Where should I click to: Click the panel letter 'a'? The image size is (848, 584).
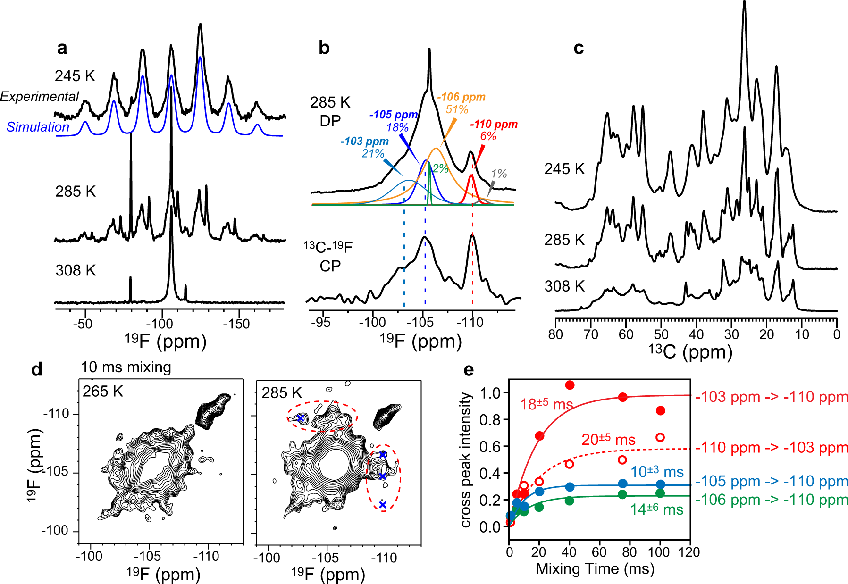pos(62,48)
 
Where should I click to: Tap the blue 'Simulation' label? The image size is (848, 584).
pos(38,127)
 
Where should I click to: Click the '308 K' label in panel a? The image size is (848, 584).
pos(75,270)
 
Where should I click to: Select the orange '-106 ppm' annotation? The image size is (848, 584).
pos(461,97)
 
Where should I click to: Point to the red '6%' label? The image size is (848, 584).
pos(488,137)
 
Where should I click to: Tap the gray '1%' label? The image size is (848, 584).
pos(499,174)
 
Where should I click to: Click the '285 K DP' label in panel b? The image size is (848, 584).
pos(330,111)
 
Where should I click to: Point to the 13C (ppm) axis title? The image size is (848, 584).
pos(690,351)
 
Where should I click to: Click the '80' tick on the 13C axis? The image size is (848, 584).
pos(556,334)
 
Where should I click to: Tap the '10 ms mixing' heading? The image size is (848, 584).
pos(126,367)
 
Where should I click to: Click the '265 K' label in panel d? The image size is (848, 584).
pos(103,391)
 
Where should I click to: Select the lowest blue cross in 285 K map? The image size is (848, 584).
pos(383,505)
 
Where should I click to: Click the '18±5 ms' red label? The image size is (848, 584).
pos(546,404)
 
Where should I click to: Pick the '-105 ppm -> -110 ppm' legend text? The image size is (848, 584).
pos(772,482)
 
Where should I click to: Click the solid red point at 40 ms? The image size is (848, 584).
pos(570,385)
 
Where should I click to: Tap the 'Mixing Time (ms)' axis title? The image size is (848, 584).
pos(595,569)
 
